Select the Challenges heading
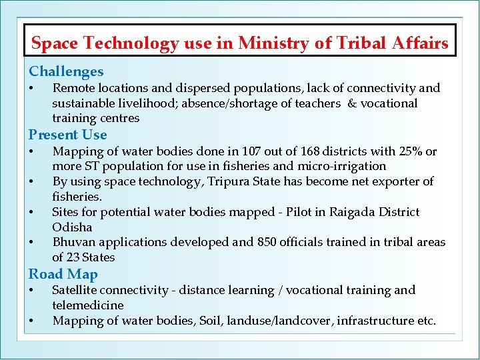coord(66,71)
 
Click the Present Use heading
coord(67,135)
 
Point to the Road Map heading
coord(63,274)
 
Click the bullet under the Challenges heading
coord(32,89)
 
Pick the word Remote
coord(73,88)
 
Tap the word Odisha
coord(72,227)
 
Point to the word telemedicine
coord(87,305)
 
